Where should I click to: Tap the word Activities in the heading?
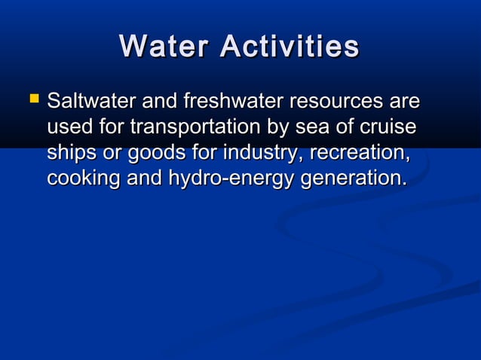pos(290,47)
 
